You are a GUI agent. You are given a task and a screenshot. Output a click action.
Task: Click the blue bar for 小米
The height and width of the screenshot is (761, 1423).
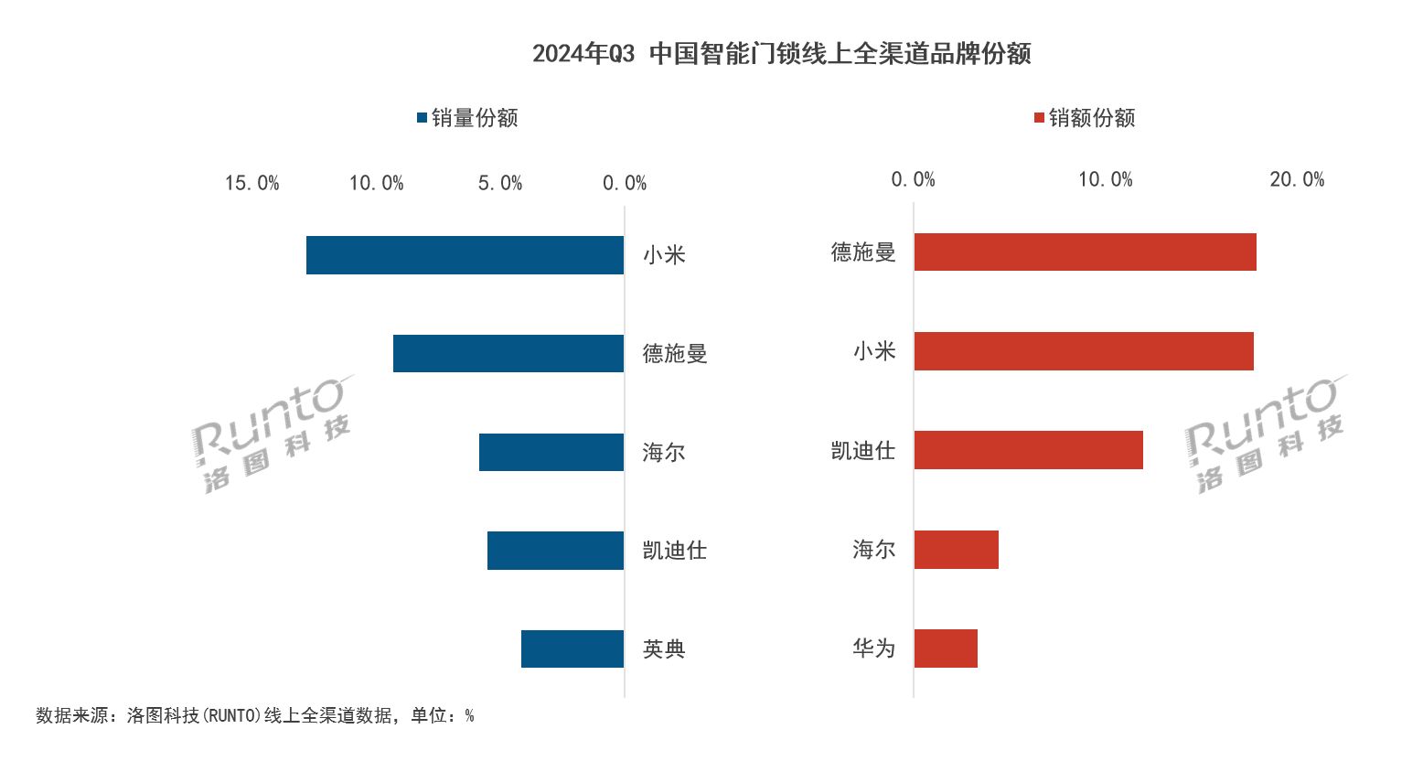(x=465, y=255)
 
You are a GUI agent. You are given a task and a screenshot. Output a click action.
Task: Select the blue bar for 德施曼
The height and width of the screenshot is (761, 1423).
(x=508, y=354)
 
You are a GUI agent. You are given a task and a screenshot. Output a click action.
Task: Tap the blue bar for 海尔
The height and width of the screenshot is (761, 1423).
(x=551, y=453)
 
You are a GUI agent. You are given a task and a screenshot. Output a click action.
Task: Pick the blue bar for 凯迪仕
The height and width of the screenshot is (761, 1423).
(x=555, y=551)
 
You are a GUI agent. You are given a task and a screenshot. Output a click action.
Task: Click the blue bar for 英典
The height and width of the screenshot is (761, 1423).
(x=572, y=649)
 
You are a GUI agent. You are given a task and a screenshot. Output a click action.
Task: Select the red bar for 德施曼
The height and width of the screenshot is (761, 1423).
(x=1085, y=252)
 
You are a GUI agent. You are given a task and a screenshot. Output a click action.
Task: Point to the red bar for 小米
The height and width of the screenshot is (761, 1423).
(x=1084, y=351)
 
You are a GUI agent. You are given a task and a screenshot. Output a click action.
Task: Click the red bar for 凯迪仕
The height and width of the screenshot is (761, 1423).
(x=1028, y=450)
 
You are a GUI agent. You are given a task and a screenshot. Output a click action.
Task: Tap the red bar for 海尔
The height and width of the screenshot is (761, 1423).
(x=956, y=550)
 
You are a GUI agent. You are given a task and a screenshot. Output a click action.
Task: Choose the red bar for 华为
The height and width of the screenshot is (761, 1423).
(x=946, y=648)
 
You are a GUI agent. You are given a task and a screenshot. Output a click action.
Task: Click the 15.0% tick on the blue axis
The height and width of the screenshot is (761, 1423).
(x=251, y=184)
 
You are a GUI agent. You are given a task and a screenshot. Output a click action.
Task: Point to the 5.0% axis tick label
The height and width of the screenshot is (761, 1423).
(x=500, y=184)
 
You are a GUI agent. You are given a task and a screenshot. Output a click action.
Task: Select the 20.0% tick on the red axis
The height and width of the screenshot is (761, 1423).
(x=1297, y=180)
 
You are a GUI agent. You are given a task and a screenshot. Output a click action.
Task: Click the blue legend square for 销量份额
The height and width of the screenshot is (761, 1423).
(x=422, y=118)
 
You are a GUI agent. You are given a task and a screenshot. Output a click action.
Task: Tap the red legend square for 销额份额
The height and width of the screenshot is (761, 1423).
(x=1039, y=118)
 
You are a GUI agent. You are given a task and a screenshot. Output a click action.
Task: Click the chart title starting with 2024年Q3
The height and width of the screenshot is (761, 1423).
(x=781, y=54)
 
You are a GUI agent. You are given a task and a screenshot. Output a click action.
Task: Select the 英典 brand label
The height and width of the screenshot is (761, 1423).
(x=664, y=649)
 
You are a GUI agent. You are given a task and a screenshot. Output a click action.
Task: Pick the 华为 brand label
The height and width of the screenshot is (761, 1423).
(x=873, y=648)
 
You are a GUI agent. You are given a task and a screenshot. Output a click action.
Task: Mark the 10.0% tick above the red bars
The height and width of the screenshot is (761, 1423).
(x=1105, y=180)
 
